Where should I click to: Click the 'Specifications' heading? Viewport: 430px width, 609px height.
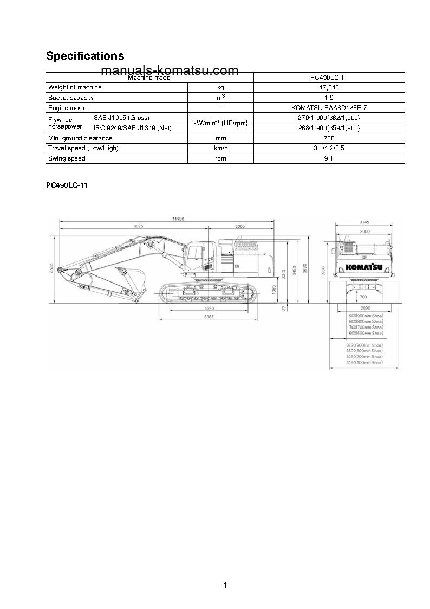tap(85, 56)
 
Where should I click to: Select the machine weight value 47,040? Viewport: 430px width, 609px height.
tap(329, 87)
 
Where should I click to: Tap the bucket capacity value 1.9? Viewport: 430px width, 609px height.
tap(329, 98)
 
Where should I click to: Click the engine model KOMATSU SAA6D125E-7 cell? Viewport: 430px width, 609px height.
tap(329, 108)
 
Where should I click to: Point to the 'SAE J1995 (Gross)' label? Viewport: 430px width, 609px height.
tap(121, 118)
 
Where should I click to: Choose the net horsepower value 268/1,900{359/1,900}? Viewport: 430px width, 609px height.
tap(329, 128)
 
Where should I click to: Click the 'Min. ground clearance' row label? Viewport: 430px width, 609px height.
tap(80, 138)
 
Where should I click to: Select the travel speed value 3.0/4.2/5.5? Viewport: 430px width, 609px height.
tap(329, 148)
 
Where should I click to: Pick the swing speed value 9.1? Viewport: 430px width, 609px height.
tap(329, 158)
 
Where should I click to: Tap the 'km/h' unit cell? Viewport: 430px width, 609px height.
tap(220, 148)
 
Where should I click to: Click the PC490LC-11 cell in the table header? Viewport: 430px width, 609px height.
tap(329, 78)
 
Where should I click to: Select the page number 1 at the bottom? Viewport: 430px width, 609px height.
tap(225, 585)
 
